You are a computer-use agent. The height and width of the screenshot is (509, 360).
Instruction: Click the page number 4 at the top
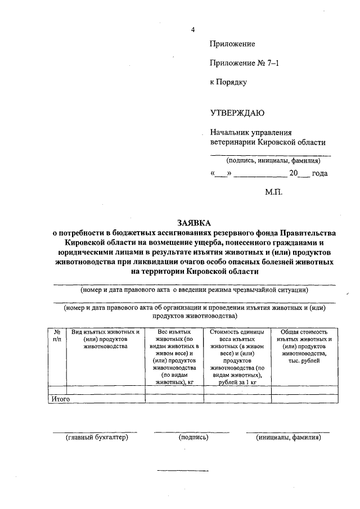tap(192, 29)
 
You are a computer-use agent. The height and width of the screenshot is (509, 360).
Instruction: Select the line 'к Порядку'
tap(228, 82)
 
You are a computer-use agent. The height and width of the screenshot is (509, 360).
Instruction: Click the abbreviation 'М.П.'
tap(273, 192)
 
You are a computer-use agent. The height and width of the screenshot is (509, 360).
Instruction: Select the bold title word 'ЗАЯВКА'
tap(193, 223)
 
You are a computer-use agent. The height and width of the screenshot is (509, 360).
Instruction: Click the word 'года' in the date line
tap(319, 174)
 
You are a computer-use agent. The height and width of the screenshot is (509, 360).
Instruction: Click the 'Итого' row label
tap(60, 399)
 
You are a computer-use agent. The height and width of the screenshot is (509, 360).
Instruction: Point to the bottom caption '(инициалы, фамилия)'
tap(287, 437)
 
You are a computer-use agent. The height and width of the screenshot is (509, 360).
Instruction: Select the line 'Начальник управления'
tap(251, 133)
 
